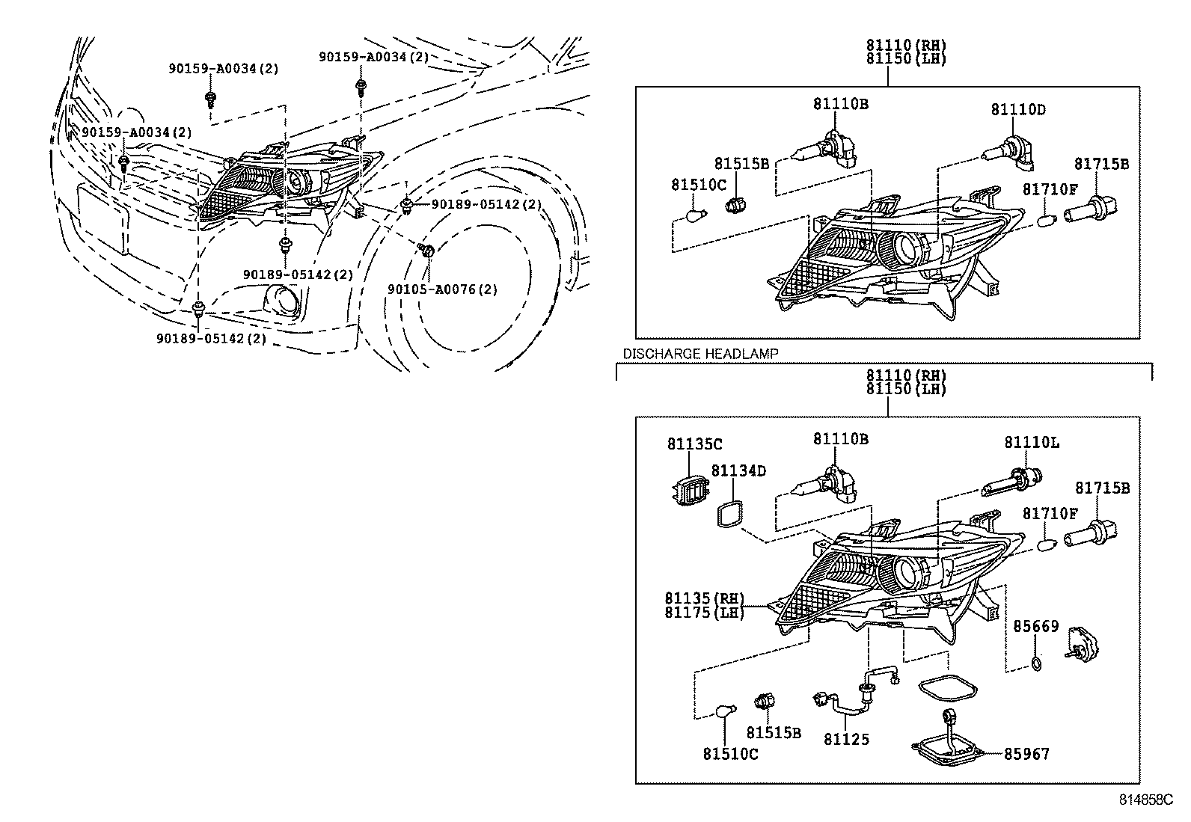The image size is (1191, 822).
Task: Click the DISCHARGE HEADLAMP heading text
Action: point(700,354)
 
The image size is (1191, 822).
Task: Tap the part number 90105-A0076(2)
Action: point(442,289)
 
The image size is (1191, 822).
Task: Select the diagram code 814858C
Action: point(1146,800)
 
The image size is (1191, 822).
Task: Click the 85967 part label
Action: point(1026,754)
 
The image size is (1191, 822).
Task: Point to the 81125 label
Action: point(846,739)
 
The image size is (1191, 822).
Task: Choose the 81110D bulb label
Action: point(1018,109)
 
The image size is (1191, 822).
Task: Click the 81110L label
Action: point(1032,442)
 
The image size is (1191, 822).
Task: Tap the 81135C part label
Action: point(695,444)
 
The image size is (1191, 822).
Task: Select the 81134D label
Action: point(738,470)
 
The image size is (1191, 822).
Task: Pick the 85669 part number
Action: point(1035,626)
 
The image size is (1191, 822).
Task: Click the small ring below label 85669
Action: point(1036,663)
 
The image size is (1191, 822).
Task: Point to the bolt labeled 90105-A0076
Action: point(426,249)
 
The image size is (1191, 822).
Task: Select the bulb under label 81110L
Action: point(1011,481)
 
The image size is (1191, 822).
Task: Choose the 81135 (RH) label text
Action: point(705,598)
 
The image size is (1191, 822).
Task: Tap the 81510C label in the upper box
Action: point(698,185)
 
